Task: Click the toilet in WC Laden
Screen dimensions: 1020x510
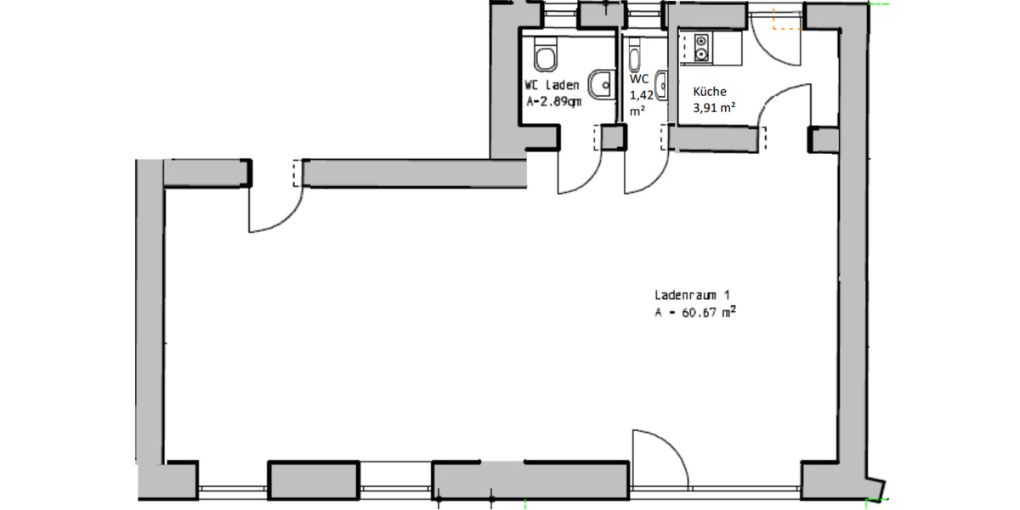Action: coord(546,54)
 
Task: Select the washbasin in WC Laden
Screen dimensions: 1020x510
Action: coord(601,84)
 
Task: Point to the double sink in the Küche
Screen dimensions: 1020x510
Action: coord(701,48)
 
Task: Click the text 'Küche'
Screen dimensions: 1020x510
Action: coord(710,92)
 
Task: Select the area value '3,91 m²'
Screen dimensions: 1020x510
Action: coord(714,107)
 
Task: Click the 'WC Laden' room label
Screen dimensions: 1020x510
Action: coord(552,85)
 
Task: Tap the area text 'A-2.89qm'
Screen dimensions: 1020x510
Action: coord(553,101)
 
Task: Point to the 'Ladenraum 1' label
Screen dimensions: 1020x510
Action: coord(692,295)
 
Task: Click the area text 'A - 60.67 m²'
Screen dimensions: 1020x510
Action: coord(695,313)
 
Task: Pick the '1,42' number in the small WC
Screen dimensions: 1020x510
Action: coord(641,95)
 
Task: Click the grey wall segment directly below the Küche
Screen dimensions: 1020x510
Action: coord(713,139)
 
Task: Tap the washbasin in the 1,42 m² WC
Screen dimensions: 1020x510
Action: coord(662,85)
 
